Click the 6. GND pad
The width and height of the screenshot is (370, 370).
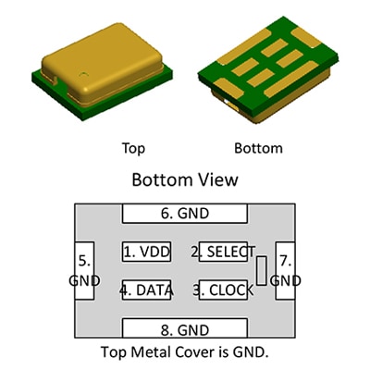[185, 213]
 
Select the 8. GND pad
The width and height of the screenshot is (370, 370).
[185, 328]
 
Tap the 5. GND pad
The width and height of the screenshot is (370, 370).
[84, 270]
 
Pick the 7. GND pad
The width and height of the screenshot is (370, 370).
[285, 270]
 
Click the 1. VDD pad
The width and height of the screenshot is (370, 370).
[146, 252]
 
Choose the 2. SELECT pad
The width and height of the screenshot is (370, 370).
[224, 252]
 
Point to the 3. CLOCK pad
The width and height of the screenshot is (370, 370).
[224, 290]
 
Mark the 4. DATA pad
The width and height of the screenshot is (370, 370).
[146, 290]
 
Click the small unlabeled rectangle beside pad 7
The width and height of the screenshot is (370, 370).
[262, 270]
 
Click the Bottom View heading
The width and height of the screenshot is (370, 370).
[185, 179]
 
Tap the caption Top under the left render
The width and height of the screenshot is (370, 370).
[133, 148]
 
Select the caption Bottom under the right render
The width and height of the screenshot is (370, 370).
[258, 148]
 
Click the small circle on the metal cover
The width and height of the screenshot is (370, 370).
[83, 74]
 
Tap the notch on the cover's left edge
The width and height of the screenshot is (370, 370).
[54, 80]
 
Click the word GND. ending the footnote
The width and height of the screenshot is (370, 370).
[251, 352]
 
